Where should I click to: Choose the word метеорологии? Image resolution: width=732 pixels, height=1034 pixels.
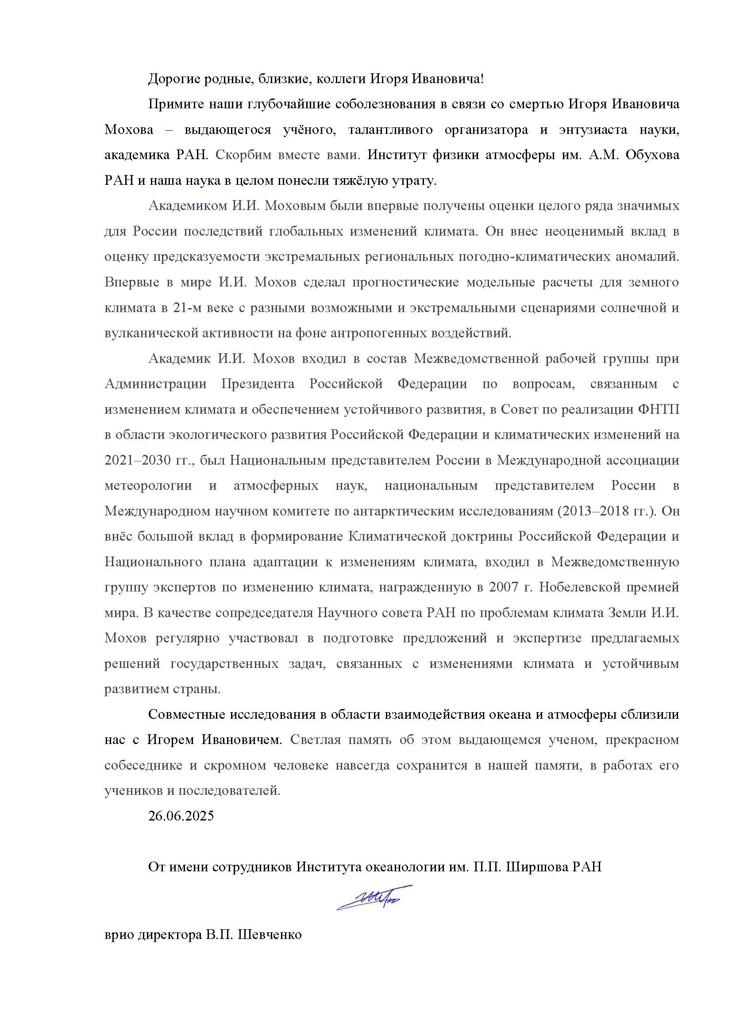coord(148,486)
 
